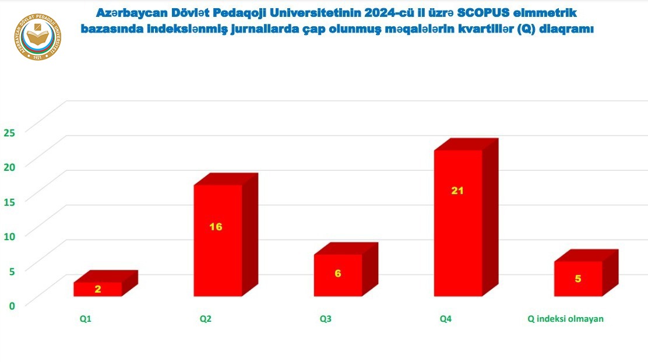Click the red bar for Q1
[x=98, y=289]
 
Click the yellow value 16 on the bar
[x=216, y=226]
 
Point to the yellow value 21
[x=457, y=190]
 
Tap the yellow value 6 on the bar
[x=338, y=273]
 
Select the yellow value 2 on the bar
[x=98, y=289]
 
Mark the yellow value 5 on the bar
[x=578, y=279]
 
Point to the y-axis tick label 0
[x=11, y=304]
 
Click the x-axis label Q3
[x=326, y=319]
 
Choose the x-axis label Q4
[x=446, y=319]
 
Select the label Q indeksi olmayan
[x=565, y=319]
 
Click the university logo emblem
[x=38, y=36]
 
